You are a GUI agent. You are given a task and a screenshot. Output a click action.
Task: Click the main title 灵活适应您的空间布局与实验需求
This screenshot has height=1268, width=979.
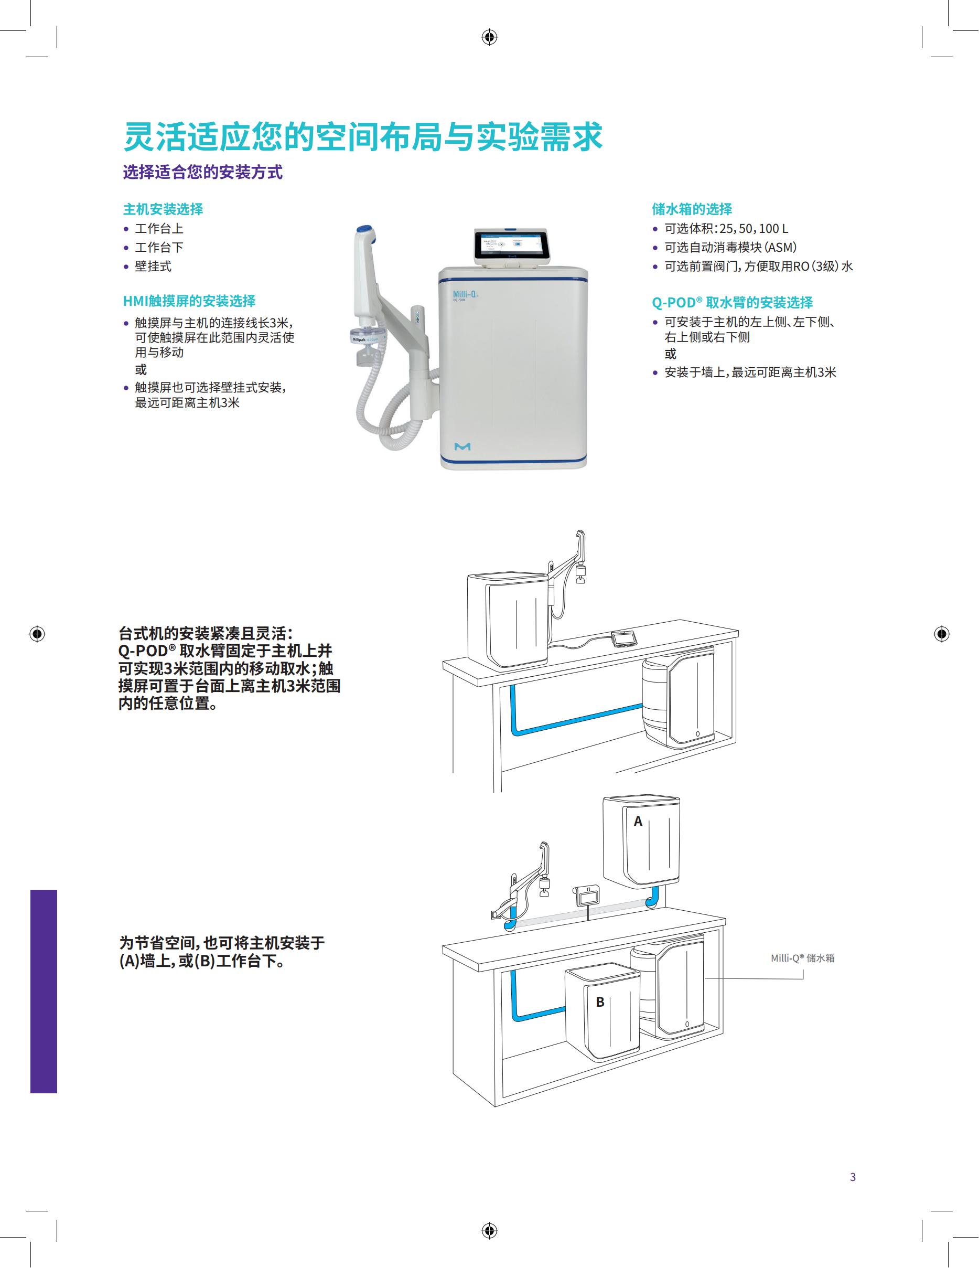363,137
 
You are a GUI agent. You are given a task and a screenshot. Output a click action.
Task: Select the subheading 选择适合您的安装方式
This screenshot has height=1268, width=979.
202,173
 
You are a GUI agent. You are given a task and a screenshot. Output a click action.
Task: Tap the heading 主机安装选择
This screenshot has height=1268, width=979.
163,209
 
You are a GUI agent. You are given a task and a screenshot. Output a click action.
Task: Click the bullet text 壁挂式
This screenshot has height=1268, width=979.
153,267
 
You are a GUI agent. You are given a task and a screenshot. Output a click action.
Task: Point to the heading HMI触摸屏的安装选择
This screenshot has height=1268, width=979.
189,301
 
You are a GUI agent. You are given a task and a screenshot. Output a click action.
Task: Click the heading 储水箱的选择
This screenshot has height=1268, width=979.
692,209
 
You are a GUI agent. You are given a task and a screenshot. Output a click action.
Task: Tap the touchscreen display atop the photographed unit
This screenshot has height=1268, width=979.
505,245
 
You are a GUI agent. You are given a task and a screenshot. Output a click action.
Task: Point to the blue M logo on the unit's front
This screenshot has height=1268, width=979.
462,446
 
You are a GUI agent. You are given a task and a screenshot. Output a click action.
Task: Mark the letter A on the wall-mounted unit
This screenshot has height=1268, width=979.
638,821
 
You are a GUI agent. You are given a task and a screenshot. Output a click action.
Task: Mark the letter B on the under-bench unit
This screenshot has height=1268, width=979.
600,1001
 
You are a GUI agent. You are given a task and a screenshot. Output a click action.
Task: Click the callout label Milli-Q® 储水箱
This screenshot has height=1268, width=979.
803,958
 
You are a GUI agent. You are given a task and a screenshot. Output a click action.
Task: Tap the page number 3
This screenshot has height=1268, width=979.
853,1177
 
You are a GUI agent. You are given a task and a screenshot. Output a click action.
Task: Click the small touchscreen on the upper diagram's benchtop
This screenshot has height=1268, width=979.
624,638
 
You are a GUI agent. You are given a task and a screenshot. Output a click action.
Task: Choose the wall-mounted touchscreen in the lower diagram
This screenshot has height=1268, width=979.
587,896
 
